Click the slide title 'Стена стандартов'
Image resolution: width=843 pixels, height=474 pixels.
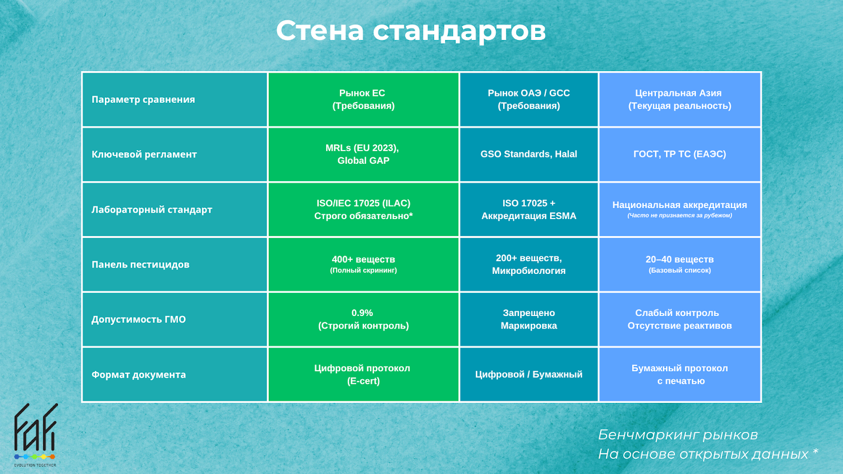(410, 31)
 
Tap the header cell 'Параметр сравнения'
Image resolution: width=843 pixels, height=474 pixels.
(175, 100)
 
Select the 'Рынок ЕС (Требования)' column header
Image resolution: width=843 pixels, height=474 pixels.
(363, 100)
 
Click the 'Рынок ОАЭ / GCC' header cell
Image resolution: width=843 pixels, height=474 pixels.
(529, 100)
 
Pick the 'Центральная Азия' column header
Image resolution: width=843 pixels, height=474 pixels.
(680, 100)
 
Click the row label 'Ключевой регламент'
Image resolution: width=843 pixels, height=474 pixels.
(175, 154)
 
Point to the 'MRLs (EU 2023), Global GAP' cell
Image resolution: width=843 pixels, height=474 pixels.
(363, 154)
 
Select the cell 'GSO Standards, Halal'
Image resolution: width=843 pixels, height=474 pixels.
(529, 154)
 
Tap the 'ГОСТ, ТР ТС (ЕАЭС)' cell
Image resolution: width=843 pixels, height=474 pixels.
(680, 154)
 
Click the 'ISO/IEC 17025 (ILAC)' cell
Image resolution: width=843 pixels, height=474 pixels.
(363, 210)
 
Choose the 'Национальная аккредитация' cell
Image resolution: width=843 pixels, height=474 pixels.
(680, 210)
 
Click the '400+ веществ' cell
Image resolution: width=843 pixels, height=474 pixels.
(363, 264)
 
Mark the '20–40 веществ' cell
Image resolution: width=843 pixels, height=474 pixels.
(680, 264)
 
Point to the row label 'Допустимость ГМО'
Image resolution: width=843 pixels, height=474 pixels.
(175, 319)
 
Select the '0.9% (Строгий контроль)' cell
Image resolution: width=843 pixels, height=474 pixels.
(363, 319)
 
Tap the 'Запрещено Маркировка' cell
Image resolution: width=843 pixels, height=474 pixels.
(529, 319)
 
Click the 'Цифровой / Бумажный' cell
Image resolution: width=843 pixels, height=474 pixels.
(529, 374)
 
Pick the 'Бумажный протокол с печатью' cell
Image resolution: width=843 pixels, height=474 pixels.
(680, 374)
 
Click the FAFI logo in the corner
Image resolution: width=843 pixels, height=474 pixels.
(35, 435)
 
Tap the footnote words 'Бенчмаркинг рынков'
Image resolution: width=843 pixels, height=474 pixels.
(678, 435)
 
